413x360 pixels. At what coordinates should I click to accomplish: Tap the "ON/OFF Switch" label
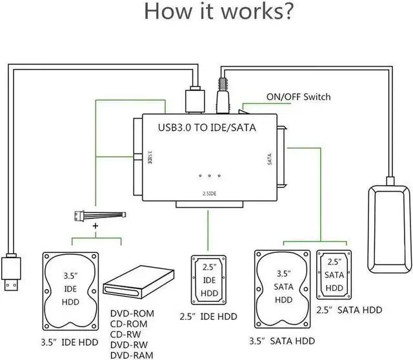point(298,97)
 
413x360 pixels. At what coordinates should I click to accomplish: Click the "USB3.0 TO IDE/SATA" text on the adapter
point(207,128)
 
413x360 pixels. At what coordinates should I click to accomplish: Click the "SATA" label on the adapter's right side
point(269,159)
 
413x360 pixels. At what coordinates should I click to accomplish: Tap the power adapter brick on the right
point(389,229)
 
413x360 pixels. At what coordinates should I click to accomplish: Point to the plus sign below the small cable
point(95,227)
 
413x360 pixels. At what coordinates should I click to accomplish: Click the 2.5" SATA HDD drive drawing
point(334,274)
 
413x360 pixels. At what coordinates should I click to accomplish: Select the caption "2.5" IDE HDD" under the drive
point(208,316)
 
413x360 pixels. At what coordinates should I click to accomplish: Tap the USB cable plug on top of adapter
point(194,99)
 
